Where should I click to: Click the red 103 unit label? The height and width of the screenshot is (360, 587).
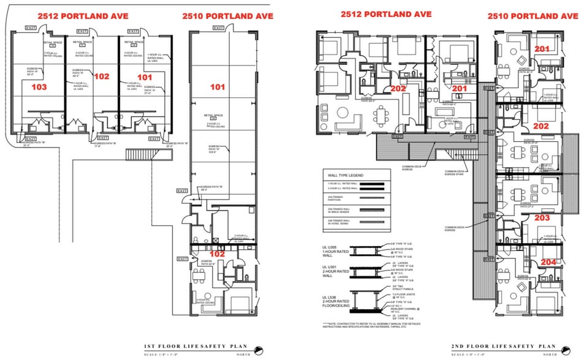[x=39, y=87]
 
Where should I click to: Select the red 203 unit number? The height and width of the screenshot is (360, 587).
[x=541, y=217]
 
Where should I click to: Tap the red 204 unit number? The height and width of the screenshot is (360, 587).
[x=548, y=261]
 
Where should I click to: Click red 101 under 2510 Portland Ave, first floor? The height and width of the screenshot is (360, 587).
[x=218, y=87]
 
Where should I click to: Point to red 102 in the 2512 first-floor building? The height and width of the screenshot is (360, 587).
[x=102, y=77]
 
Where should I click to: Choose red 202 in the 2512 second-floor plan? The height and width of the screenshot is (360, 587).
[x=399, y=88]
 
